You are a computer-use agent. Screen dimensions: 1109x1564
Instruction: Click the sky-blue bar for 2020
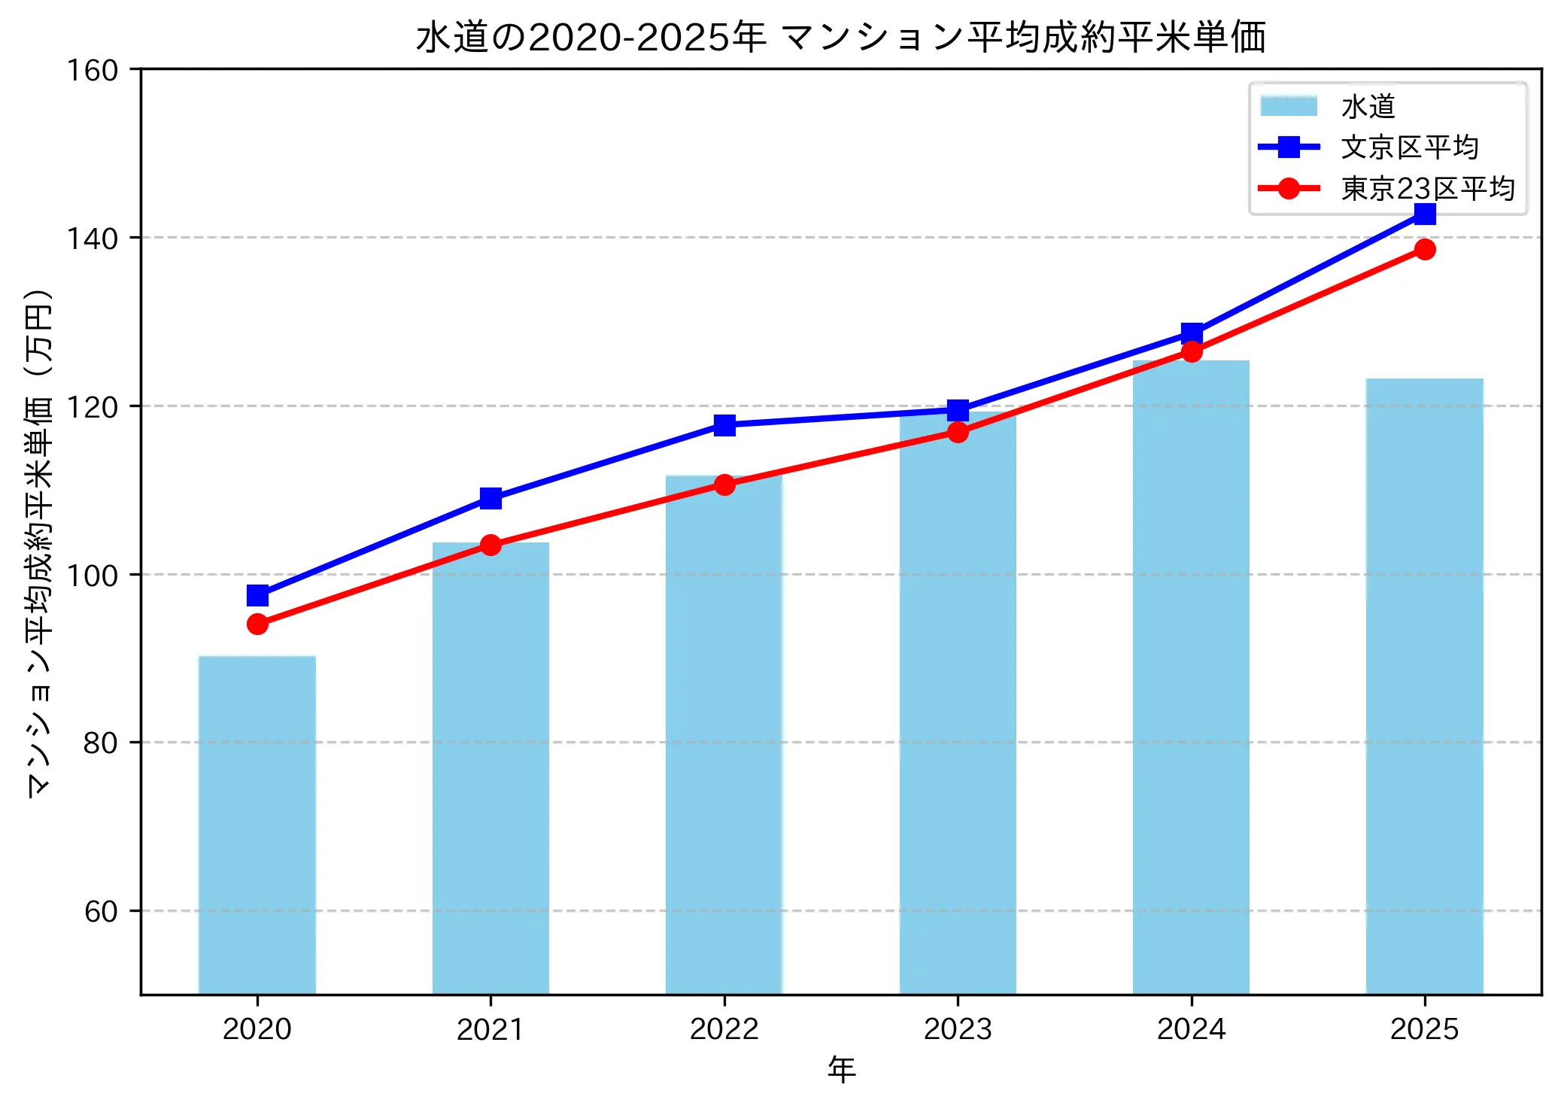(x=257, y=825)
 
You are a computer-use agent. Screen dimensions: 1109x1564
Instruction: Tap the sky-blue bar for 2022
(x=724, y=734)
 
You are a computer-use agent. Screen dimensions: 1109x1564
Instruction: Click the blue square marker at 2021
(x=490, y=498)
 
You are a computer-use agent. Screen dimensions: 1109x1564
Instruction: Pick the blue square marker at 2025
(x=1425, y=214)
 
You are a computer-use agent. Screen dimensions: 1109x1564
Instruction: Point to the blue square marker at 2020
(x=257, y=596)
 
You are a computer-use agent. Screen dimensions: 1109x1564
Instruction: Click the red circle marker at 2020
(x=257, y=624)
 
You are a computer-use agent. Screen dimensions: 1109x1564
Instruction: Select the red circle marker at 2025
(x=1425, y=249)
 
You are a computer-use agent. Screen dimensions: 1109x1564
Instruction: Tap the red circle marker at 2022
(x=724, y=485)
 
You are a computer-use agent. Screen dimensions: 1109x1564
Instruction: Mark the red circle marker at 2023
(x=958, y=432)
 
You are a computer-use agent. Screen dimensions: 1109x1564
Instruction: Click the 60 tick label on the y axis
(x=101, y=911)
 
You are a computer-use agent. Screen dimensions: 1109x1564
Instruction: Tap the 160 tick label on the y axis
(x=93, y=71)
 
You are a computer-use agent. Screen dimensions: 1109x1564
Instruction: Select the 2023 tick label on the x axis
(x=958, y=1028)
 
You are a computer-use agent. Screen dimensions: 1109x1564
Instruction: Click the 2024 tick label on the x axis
(x=1191, y=1028)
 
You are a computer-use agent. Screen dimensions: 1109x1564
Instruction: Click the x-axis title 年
(x=841, y=1069)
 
